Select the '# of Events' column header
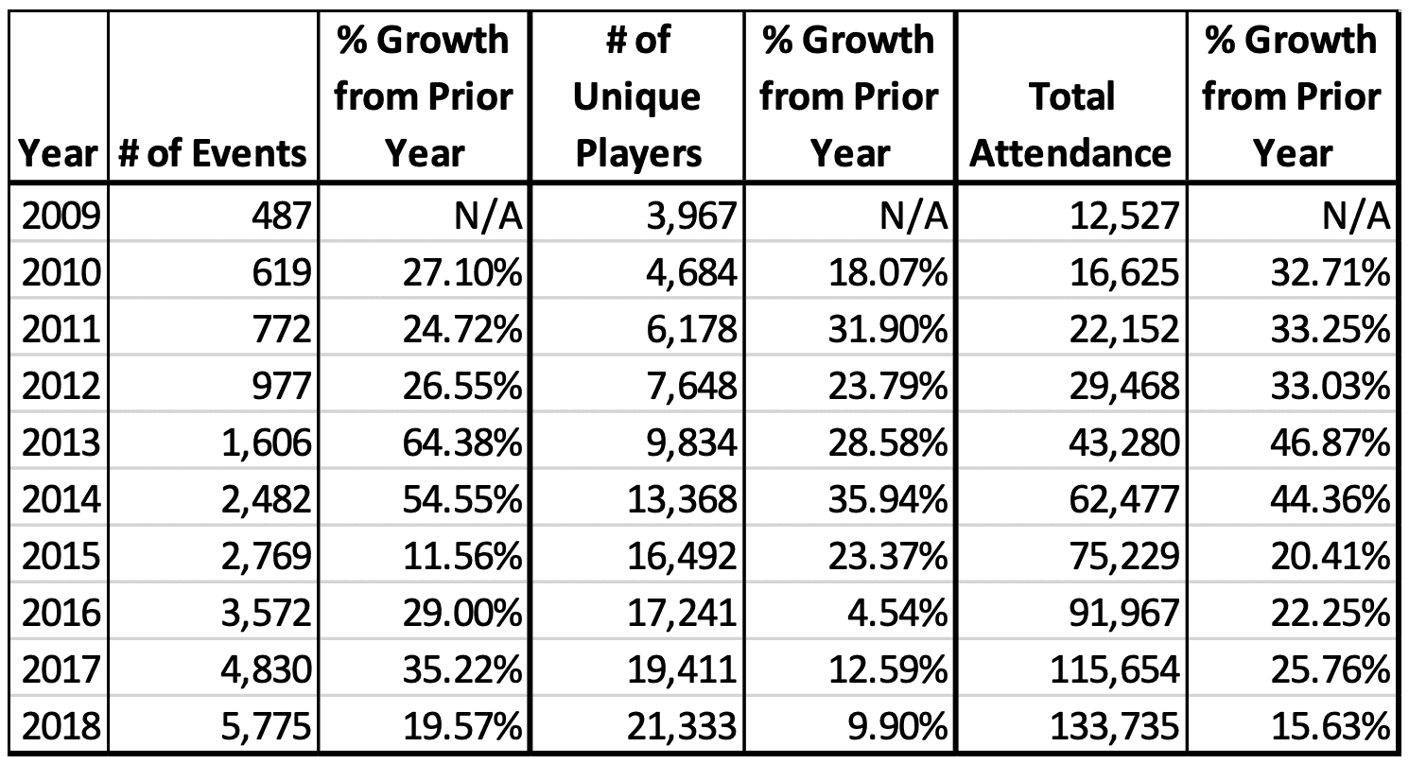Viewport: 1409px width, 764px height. (x=213, y=152)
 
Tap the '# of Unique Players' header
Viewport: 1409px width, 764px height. (x=638, y=95)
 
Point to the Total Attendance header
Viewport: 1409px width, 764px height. (x=1070, y=124)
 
